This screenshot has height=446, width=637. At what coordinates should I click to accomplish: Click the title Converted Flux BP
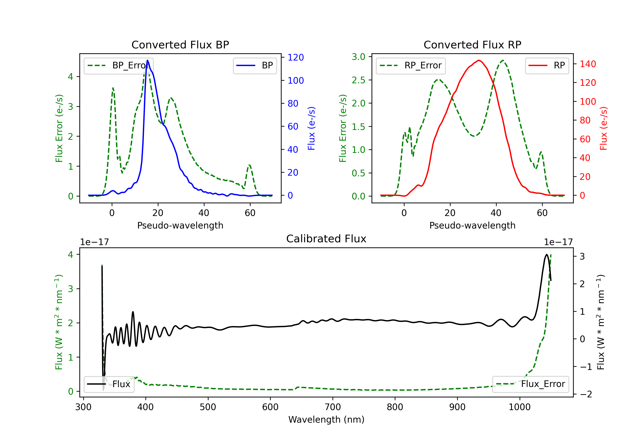180,45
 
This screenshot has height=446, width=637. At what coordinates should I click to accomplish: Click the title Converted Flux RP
472,45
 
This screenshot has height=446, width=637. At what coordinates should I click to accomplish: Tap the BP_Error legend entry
118,65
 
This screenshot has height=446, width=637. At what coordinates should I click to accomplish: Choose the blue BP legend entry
255,65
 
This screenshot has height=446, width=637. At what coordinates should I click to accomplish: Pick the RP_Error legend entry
411,65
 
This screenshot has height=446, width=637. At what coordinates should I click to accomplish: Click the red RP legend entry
547,65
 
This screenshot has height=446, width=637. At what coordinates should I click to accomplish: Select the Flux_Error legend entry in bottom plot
530,384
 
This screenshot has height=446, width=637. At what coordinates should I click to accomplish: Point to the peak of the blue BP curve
148,60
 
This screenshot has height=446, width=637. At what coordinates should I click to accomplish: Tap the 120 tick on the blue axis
296,58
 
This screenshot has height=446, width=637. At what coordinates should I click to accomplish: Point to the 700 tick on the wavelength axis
333,407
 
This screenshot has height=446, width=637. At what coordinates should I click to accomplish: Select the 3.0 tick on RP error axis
358,57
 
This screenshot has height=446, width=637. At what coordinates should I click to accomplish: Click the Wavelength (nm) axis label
326,419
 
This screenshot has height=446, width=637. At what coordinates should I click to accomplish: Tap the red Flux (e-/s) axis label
604,128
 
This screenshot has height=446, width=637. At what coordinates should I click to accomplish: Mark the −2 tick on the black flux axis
585,394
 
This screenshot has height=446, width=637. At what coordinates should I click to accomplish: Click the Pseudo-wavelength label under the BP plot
180,225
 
